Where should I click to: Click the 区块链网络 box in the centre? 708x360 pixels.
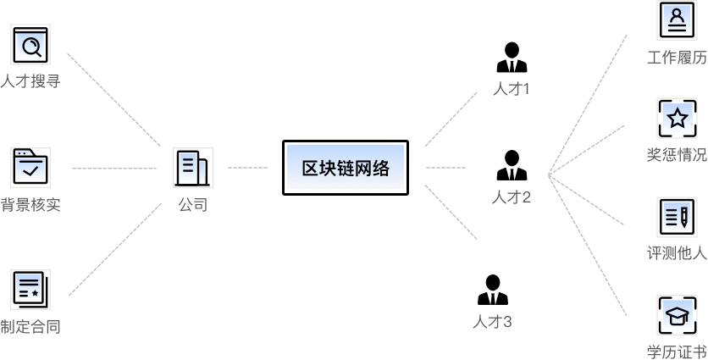point(346,168)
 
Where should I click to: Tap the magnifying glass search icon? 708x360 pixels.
point(31,46)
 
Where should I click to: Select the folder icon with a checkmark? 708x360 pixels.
point(31,168)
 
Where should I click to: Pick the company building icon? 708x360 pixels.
point(192,168)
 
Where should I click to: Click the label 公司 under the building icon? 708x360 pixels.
point(192,204)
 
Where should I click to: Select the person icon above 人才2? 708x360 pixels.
point(511,165)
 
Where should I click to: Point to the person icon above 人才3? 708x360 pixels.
point(492,290)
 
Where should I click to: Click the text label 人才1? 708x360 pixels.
point(511,88)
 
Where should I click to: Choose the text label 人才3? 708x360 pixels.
point(492,322)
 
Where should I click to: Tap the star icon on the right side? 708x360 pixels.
point(677,119)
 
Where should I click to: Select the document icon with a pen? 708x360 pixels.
point(677,217)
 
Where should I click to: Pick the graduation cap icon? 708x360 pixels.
point(677,315)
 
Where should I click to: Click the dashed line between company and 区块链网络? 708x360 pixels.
point(247,168)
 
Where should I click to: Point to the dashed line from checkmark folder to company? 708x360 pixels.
point(114,169)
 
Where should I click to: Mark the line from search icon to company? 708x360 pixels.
point(114,100)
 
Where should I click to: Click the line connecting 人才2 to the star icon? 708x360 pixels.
point(587,151)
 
